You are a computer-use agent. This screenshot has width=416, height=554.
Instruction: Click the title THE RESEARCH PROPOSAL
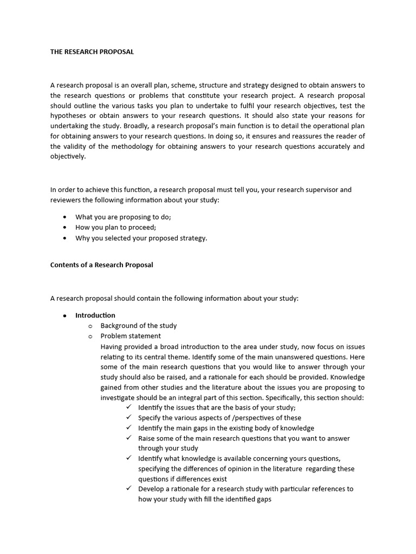[x=92, y=52]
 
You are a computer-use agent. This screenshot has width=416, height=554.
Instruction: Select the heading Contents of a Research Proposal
[x=101, y=265]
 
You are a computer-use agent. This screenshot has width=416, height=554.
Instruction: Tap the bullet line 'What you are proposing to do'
[x=123, y=217]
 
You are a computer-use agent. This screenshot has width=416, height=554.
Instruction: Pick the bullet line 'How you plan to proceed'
[x=115, y=227]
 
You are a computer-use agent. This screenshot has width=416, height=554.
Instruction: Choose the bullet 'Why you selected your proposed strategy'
[x=141, y=238]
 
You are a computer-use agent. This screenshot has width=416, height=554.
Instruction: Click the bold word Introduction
[x=95, y=315]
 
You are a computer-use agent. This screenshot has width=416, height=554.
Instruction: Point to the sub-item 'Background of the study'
[x=138, y=326]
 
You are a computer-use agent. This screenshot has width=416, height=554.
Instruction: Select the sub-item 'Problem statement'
[x=131, y=336]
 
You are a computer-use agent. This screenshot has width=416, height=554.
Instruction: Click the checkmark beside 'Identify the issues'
[x=128, y=407]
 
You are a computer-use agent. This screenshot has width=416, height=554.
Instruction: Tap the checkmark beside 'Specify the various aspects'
[x=128, y=418]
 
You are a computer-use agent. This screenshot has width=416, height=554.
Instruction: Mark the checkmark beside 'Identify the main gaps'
[x=128, y=428]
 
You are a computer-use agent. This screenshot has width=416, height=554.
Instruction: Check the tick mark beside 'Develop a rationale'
[x=128, y=489]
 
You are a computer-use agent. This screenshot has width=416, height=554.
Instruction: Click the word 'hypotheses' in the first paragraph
[x=70, y=116]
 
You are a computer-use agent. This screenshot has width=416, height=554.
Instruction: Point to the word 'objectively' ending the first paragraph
[x=68, y=156]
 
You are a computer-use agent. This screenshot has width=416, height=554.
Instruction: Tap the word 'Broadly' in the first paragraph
[x=121, y=126]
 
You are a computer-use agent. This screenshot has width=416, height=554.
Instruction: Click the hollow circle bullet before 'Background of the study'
[x=90, y=326]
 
